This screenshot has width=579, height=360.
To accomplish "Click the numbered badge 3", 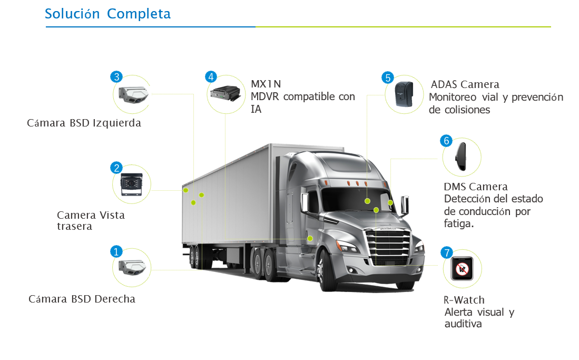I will click(x=116, y=77).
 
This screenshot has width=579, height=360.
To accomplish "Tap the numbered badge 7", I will click(x=447, y=252).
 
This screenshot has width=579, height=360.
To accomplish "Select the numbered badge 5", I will click(x=388, y=77).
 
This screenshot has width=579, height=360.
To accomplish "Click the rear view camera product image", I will click(x=131, y=184).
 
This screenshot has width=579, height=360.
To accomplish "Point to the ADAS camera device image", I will click(x=403, y=93).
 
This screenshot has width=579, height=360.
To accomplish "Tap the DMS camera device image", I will click(x=461, y=157).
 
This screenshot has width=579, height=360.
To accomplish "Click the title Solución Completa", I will click(x=107, y=14).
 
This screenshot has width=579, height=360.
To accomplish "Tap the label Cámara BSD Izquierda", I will click(x=84, y=123).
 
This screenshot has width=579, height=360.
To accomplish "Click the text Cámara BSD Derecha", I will click(x=82, y=299).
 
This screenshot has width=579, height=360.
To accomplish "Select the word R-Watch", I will click(x=464, y=300).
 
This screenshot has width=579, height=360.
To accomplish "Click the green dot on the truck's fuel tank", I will click(x=310, y=239).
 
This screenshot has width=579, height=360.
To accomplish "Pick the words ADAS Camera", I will click(x=465, y=84).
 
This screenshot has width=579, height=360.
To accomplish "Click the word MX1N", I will click(x=266, y=84).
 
